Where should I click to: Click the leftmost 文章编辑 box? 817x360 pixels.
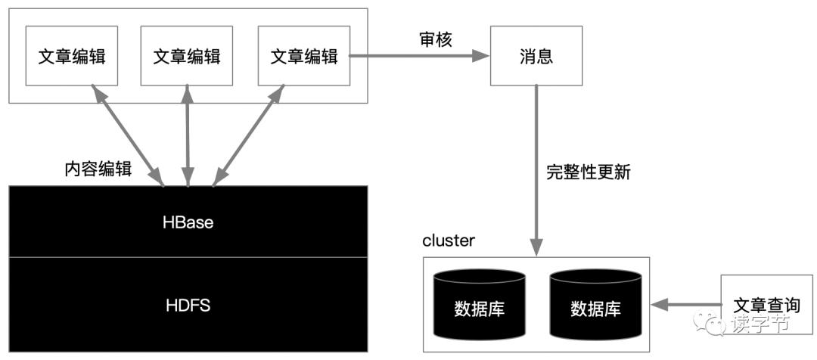pyautogui.click(x=72, y=57)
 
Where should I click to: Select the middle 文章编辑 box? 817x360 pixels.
pyautogui.click(x=187, y=57)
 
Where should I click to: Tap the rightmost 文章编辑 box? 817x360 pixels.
pyautogui.click(x=303, y=57)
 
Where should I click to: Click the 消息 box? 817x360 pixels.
pyautogui.click(x=536, y=57)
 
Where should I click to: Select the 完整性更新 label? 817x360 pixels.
pyautogui.click(x=588, y=172)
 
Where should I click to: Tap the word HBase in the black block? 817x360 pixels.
pyautogui.click(x=188, y=222)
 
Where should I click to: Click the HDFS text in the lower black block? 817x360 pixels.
pyautogui.click(x=188, y=306)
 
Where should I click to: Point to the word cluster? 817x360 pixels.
pyautogui.click(x=449, y=241)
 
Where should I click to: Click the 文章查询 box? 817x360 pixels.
pyautogui.click(x=766, y=305)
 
